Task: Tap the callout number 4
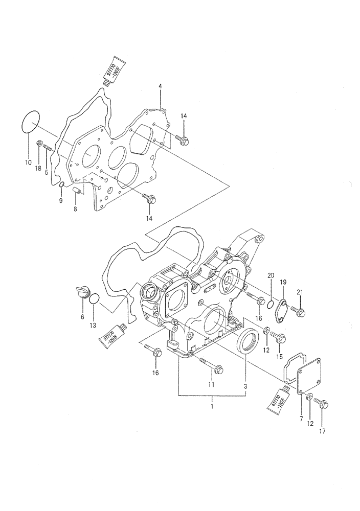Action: point(160,87)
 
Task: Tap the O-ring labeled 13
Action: point(95,298)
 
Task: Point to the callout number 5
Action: point(46,173)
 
